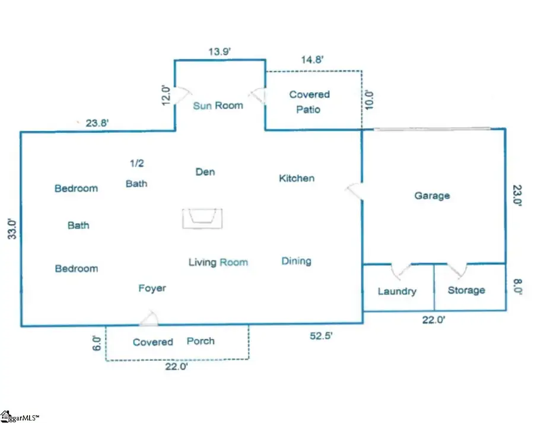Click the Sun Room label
click(218, 106)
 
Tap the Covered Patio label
click(309, 102)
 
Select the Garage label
click(432, 196)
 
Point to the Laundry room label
click(397, 291)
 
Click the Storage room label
click(466, 290)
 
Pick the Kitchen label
click(297, 178)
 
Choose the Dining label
click(296, 261)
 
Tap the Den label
click(205, 171)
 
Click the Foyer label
click(152, 288)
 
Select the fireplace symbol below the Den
click(202, 218)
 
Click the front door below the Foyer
click(149, 319)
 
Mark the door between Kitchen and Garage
click(354, 191)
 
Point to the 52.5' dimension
click(321, 336)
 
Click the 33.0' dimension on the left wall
click(12, 229)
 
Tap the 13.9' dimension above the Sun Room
click(220, 52)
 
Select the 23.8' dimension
click(97, 123)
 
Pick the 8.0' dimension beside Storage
click(517, 287)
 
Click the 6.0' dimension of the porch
click(97, 343)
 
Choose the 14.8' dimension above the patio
click(312, 59)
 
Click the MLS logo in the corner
click(20, 416)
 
